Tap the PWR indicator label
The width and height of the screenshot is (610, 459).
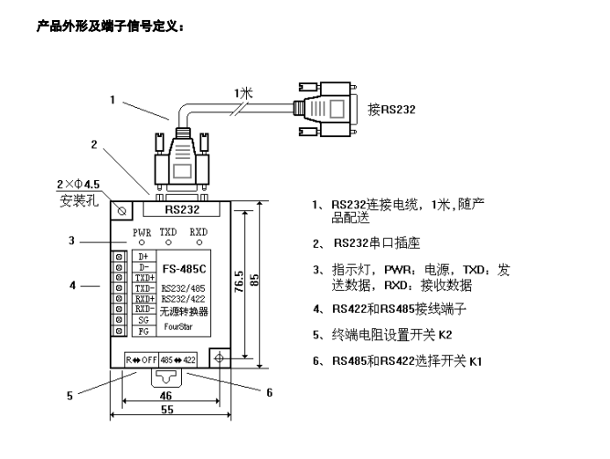pyautogui.click(x=143, y=233)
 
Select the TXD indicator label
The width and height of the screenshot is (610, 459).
pyautogui.click(x=169, y=233)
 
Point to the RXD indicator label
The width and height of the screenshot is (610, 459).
pyautogui.click(x=198, y=233)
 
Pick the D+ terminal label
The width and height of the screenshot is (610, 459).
pyautogui.click(x=142, y=257)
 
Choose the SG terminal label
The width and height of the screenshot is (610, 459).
pyautogui.click(x=142, y=320)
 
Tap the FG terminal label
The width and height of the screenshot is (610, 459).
pyautogui.click(x=142, y=332)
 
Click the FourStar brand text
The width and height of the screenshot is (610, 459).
pyautogui.click(x=181, y=325)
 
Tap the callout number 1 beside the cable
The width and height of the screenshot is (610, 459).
pyautogui.click(x=112, y=101)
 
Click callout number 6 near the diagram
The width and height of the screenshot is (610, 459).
pyautogui.click(x=270, y=392)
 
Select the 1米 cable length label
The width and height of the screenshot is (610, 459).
pyautogui.click(x=242, y=92)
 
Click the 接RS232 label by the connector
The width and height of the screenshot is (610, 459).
pyautogui.click(x=391, y=109)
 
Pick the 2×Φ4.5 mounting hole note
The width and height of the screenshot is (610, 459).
pyautogui.click(x=80, y=185)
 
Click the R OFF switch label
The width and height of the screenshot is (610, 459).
pyautogui.click(x=143, y=359)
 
